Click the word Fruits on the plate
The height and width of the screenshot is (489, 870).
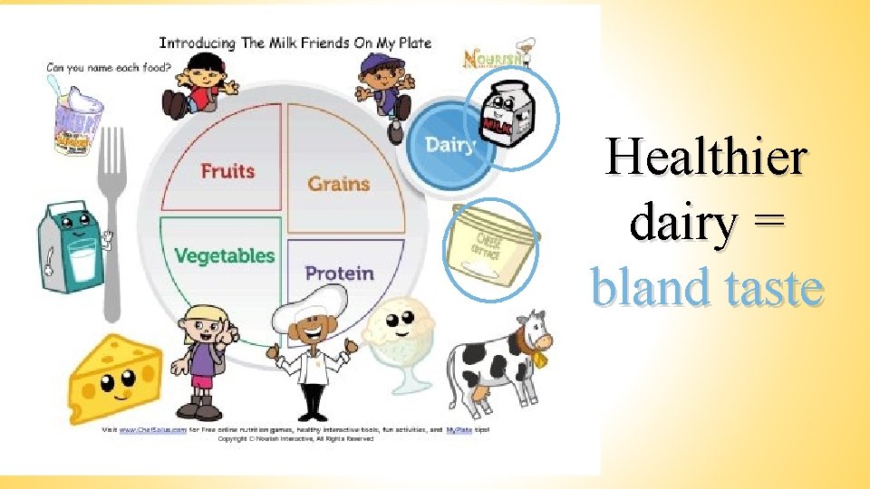pyautogui.click(x=227, y=170)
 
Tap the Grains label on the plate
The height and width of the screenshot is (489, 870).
pyautogui.click(x=339, y=183)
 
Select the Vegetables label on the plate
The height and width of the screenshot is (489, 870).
pyautogui.click(x=224, y=255)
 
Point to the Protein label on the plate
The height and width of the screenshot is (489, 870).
pyautogui.click(x=339, y=273)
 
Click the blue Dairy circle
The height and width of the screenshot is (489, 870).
pyautogui.click(x=450, y=144)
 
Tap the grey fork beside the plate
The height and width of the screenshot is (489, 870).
pyautogui.click(x=111, y=217)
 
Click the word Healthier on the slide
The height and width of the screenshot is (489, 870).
pyautogui.click(x=705, y=157)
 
